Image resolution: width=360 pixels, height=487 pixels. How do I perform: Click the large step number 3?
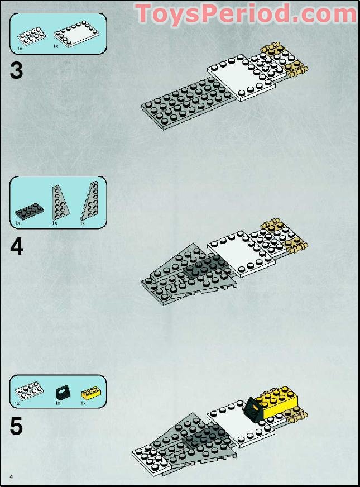(x=17, y=71)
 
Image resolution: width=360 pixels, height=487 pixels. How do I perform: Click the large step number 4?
(x=17, y=247)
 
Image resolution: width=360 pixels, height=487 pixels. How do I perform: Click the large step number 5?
(x=17, y=426)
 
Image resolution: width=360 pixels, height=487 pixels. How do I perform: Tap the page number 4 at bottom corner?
(x=11, y=476)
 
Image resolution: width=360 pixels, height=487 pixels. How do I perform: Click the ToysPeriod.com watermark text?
(x=246, y=13)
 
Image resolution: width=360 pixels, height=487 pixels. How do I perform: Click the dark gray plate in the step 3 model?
(x=184, y=102)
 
